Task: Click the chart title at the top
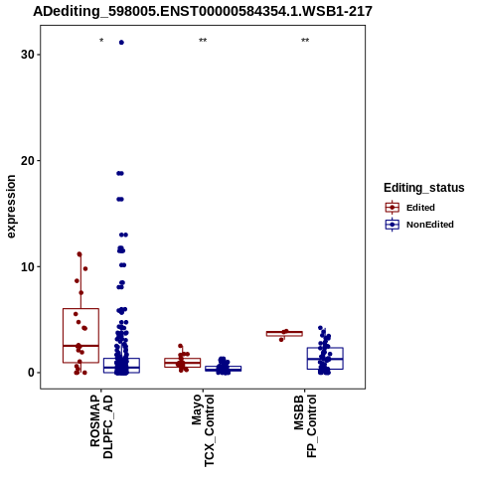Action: (203, 11)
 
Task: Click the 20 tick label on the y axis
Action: (28, 161)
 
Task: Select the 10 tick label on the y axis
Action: (28, 266)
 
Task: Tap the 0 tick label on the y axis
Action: (32, 373)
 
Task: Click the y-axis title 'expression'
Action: (11, 207)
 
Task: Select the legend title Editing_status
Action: (424, 188)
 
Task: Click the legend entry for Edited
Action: (410, 208)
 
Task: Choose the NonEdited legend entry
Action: (419, 225)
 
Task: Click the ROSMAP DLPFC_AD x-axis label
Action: (101, 426)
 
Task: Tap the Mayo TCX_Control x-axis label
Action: (203, 430)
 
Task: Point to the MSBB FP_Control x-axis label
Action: (305, 426)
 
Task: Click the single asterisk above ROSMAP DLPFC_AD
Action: (101, 41)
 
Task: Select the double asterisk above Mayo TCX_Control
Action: (203, 41)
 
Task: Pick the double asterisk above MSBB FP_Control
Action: (305, 41)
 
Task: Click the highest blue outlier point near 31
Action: (121, 43)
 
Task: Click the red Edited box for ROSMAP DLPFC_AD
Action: (80, 336)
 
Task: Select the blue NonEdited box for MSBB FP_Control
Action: (325, 359)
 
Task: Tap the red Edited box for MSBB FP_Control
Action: (284, 334)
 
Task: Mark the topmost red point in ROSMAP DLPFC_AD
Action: (79, 254)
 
